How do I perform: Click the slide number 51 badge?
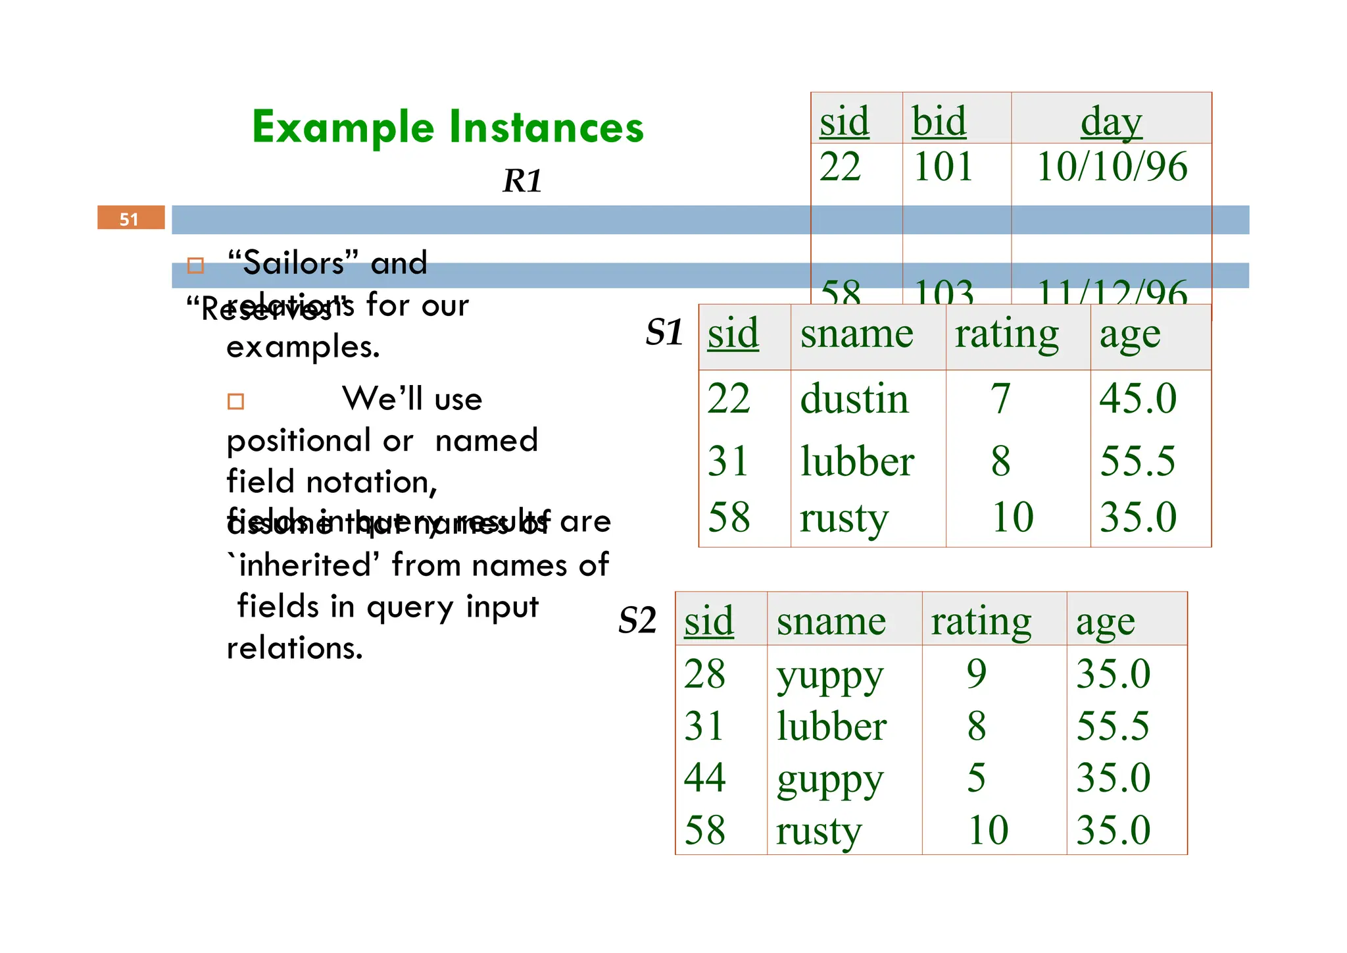click(130, 218)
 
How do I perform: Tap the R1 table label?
click(523, 180)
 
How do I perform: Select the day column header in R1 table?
click(1111, 122)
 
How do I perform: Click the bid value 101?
click(943, 167)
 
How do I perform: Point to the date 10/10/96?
click(1112, 167)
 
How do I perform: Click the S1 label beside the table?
click(664, 332)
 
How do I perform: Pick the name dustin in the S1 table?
click(854, 399)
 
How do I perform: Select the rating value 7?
click(1000, 399)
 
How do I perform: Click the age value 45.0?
click(1138, 399)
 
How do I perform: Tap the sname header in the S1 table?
click(856, 334)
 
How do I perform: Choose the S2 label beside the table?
click(637, 620)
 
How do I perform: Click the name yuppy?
click(829, 675)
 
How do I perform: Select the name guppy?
click(829, 779)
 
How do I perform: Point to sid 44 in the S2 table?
click(704, 778)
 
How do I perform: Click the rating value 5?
click(977, 778)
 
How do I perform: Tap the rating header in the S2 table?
click(981, 621)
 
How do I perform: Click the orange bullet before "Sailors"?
click(195, 265)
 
